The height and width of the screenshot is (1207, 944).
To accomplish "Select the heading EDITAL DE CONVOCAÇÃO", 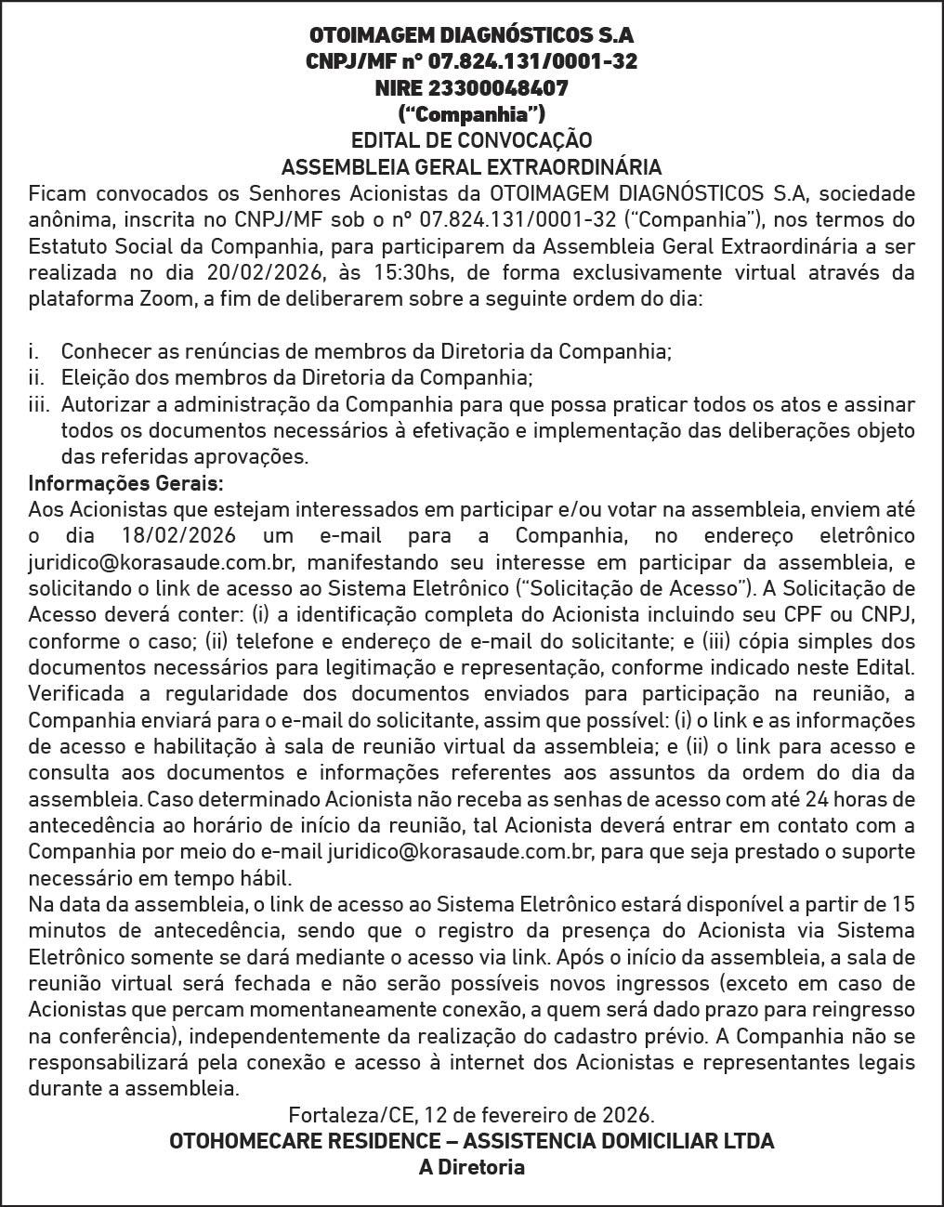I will pyautogui.click(x=471, y=140).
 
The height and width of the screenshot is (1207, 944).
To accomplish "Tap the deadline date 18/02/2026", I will pyautogui.click(x=177, y=536).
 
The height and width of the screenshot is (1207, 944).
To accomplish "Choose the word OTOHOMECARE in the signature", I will pyautogui.click(x=230, y=1141).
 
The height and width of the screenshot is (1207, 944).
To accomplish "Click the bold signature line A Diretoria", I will pyautogui.click(x=471, y=1167).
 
